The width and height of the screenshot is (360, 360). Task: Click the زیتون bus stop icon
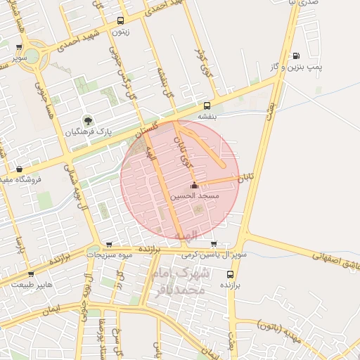120,21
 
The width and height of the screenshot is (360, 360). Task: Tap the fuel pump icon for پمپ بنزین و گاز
296,56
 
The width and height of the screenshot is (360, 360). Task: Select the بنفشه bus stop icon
206,106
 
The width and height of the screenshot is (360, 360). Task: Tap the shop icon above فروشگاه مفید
18,169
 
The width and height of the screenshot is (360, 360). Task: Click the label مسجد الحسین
195,198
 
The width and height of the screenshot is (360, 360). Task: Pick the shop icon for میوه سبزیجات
108,245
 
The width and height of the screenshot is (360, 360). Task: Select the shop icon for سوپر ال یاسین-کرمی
213,245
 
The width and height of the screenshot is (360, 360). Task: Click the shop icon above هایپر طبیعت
30,274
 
